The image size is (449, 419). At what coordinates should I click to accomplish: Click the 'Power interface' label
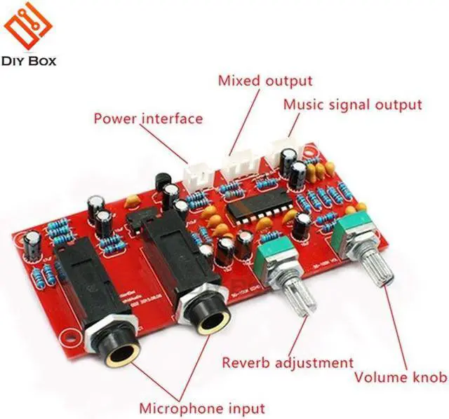148,118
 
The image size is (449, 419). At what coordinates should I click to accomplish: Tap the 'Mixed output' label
265,81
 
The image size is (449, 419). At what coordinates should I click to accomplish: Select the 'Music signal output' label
352,105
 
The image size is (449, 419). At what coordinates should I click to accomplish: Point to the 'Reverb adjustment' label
288,363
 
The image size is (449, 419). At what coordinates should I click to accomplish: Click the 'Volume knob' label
400,378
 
